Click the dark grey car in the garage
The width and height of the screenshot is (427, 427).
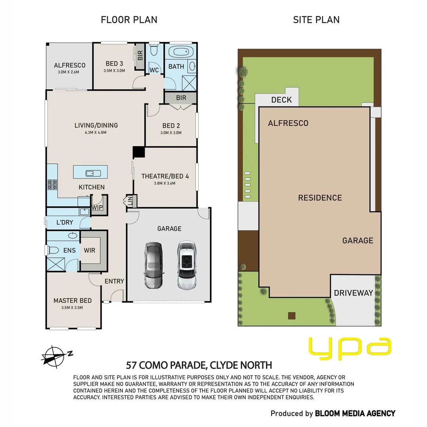point(153,265)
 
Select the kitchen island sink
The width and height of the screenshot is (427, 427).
point(90,173)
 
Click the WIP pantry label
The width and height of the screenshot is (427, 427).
point(97,208)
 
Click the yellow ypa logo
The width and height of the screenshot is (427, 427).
point(350,346)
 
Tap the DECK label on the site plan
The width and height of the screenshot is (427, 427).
point(282,100)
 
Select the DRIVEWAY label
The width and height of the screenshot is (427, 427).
point(353,293)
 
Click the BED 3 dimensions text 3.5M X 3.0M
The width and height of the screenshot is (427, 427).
point(114,71)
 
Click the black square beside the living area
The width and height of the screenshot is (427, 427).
point(139,153)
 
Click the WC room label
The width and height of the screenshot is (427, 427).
point(154,70)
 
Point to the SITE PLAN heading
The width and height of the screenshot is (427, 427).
point(316,20)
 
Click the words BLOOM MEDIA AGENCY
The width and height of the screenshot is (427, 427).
point(355,414)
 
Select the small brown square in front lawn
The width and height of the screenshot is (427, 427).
point(292,316)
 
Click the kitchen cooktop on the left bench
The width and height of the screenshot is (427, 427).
point(52,185)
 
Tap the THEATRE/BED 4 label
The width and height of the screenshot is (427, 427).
point(165,176)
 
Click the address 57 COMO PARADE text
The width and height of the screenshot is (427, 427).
point(166,365)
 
